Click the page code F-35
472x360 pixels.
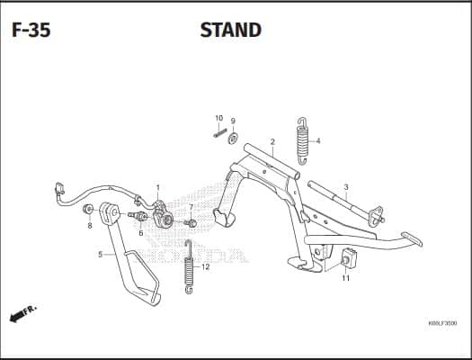pyautogui.click(x=31, y=30)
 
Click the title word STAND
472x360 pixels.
pyautogui.click(x=231, y=30)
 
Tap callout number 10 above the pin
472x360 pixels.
pyautogui.click(x=219, y=118)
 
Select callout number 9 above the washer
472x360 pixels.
pyautogui.click(x=233, y=121)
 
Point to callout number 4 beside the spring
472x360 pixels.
pyautogui.click(x=318, y=141)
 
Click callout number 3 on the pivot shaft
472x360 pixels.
pyautogui.click(x=346, y=187)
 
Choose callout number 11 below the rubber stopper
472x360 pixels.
pyautogui.click(x=346, y=278)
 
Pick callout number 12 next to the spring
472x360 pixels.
pyautogui.click(x=205, y=267)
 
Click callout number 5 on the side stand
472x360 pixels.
pyautogui.click(x=100, y=255)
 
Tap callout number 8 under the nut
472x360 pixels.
pyautogui.click(x=90, y=225)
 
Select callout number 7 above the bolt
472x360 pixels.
pyautogui.click(x=191, y=207)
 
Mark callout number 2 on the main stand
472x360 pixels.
pyautogui.click(x=272, y=141)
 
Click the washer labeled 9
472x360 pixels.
pyautogui.click(x=233, y=138)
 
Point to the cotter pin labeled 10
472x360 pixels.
pyautogui.click(x=220, y=133)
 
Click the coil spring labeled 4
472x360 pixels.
pyautogui.click(x=302, y=141)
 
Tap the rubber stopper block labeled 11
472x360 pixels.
pyautogui.click(x=348, y=258)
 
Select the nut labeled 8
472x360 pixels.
pyautogui.click(x=87, y=210)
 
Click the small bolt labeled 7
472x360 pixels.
pyautogui.click(x=191, y=223)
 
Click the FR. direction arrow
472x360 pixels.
pyautogui.click(x=22, y=313)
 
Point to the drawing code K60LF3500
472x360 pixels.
pyautogui.click(x=442, y=323)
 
